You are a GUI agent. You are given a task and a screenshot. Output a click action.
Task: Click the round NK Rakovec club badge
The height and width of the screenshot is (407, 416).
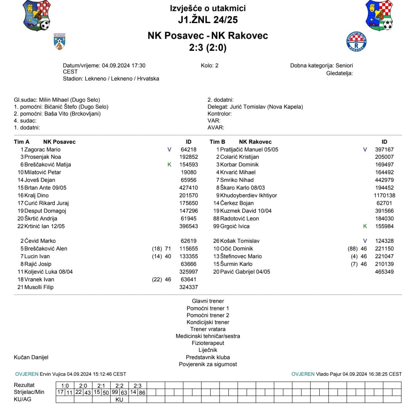click(x=357, y=42)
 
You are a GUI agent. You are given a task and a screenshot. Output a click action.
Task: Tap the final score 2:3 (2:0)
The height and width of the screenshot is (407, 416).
click(x=208, y=48)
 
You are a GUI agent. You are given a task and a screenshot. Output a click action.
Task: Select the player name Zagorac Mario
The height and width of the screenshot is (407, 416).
click(x=42, y=150)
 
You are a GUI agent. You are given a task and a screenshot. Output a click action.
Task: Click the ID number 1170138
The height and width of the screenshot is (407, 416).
click(x=384, y=195)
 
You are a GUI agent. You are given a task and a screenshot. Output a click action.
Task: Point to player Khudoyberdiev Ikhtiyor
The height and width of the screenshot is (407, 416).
click(x=248, y=195)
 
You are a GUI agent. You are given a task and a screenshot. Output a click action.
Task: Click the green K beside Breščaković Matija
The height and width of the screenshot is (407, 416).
click(x=169, y=165)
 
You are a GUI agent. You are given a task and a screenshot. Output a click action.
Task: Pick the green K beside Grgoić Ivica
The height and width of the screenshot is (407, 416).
click(x=365, y=226)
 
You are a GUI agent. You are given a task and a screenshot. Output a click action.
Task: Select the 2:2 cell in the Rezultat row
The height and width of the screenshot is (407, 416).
click(x=119, y=385)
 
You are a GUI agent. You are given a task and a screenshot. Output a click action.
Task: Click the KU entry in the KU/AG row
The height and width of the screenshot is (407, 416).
click(x=119, y=399)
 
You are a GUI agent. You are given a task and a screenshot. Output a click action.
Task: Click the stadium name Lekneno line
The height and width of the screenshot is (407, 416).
click(x=111, y=79)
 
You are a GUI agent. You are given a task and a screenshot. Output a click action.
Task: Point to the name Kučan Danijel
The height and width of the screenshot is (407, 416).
click(x=31, y=357)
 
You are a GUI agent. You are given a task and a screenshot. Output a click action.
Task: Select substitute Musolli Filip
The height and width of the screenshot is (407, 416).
click(x=39, y=287)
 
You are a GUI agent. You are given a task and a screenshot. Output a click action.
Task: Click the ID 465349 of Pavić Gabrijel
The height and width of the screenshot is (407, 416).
click(x=384, y=272)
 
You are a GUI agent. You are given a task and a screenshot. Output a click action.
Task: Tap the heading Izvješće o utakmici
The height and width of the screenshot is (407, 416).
click(x=208, y=8)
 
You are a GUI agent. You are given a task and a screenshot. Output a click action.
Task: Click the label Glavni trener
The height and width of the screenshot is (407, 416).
click(x=208, y=301)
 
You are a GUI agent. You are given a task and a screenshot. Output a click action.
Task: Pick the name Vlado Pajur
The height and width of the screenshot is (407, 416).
click(x=328, y=374)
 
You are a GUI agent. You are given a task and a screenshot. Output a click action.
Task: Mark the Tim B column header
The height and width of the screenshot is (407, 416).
click(x=218, y=142)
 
